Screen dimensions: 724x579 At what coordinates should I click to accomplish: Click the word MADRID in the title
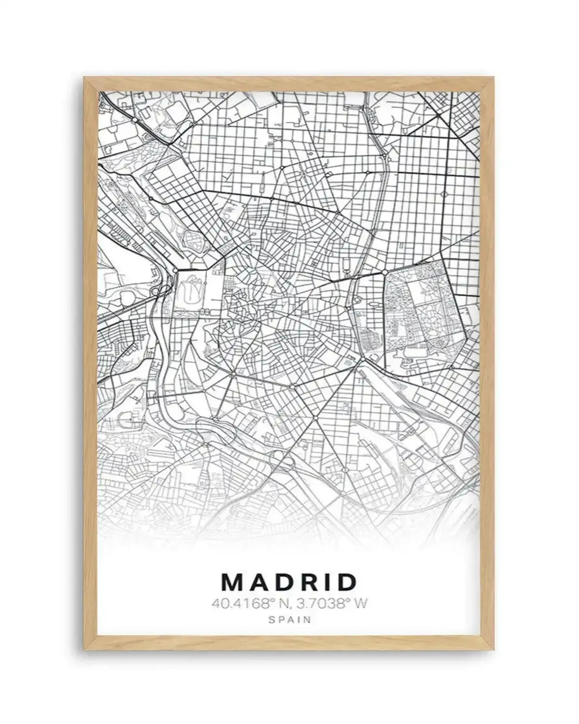[x=289, y=583]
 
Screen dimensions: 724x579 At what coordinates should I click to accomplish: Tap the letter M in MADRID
[x=233, y=583]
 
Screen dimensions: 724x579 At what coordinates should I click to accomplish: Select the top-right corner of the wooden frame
[x=495, y=78]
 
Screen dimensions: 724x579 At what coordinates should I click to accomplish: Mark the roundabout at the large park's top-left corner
[x=386, y=273]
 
